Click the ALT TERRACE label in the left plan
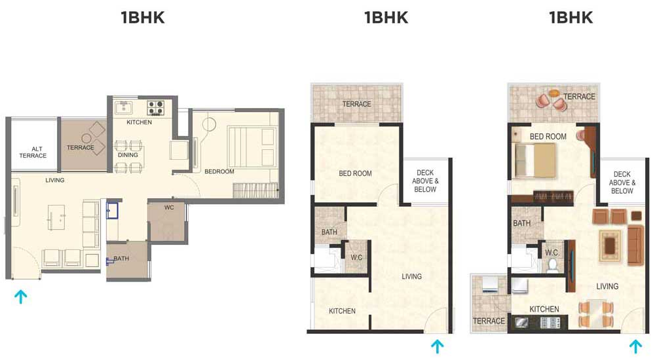(x=33, y=152)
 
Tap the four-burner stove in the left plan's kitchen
(x=155, y=107)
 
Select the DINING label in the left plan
(x=128, y=154)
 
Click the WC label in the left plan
(x=169, y=207)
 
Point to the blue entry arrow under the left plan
(x=20, y=297)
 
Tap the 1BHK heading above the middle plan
(x=386, y=18)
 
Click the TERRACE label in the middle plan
(x=356, y=104)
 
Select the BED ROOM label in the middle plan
(x=355, y=173)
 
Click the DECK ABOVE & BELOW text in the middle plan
(x=425, y=181)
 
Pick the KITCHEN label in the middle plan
(x=342, y=311)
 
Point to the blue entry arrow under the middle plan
(x=437, y=346)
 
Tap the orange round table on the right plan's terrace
(x=554, y=92)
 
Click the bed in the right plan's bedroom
(x=536, y=160)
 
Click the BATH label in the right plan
(x=522, y=223)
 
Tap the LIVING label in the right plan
(x=607, y=287)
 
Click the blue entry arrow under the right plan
(x=635, y=346)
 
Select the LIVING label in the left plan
(x=55, y=180)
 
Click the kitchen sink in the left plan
(x=124, y=107)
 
